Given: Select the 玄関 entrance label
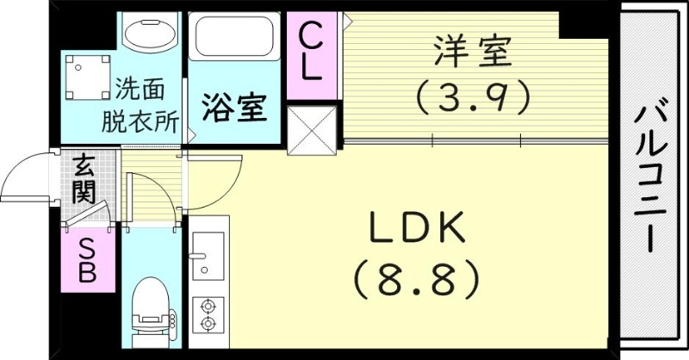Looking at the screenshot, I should [84, 177].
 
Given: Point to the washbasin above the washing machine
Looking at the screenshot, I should [149, 31].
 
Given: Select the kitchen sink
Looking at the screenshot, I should [207, 255].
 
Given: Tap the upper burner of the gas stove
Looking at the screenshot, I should [207, 306].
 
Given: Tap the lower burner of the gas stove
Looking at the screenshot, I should [207, 323].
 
